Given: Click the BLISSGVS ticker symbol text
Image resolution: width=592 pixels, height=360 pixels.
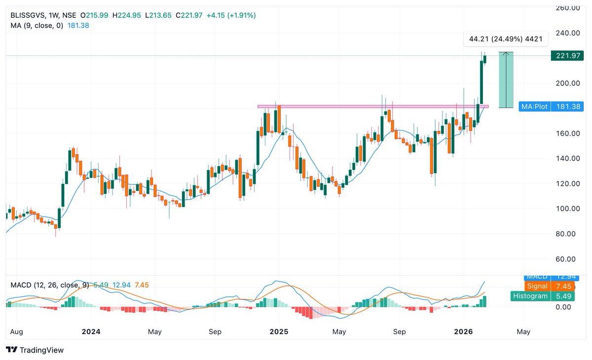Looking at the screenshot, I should tap(28, 15).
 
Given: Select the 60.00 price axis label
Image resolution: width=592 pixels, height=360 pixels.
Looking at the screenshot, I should tap(567, 259).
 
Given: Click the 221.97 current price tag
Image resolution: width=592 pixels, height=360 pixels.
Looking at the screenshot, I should tap(567, 56).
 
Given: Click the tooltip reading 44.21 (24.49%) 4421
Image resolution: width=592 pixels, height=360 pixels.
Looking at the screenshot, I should tap(506, 39).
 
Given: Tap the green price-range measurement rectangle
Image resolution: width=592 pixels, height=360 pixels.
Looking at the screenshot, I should tap(506, 79).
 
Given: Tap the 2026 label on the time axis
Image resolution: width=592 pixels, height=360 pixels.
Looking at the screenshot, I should tap(463, 331).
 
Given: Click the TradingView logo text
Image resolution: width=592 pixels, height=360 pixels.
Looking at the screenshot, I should tap(35, 350).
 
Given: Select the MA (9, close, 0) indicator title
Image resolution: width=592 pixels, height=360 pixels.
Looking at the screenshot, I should tap(37, 25).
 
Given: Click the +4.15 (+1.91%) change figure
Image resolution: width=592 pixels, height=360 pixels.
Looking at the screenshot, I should tap(231, 15).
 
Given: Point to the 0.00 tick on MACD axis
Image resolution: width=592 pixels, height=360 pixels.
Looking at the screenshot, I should tap(563, 307).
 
